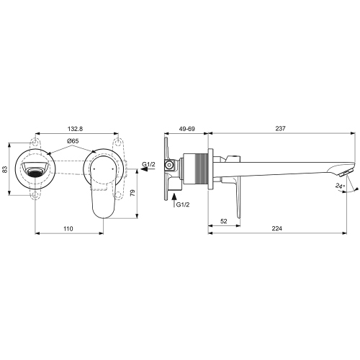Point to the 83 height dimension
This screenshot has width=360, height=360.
click(6, 169)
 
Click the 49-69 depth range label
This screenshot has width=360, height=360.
click(187, 128)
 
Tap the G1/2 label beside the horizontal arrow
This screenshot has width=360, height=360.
click(149, 165)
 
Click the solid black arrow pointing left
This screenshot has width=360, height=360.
click(144, 172)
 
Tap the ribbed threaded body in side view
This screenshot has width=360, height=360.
click(198, 171)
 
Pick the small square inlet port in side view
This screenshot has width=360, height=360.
click(169, 165)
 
